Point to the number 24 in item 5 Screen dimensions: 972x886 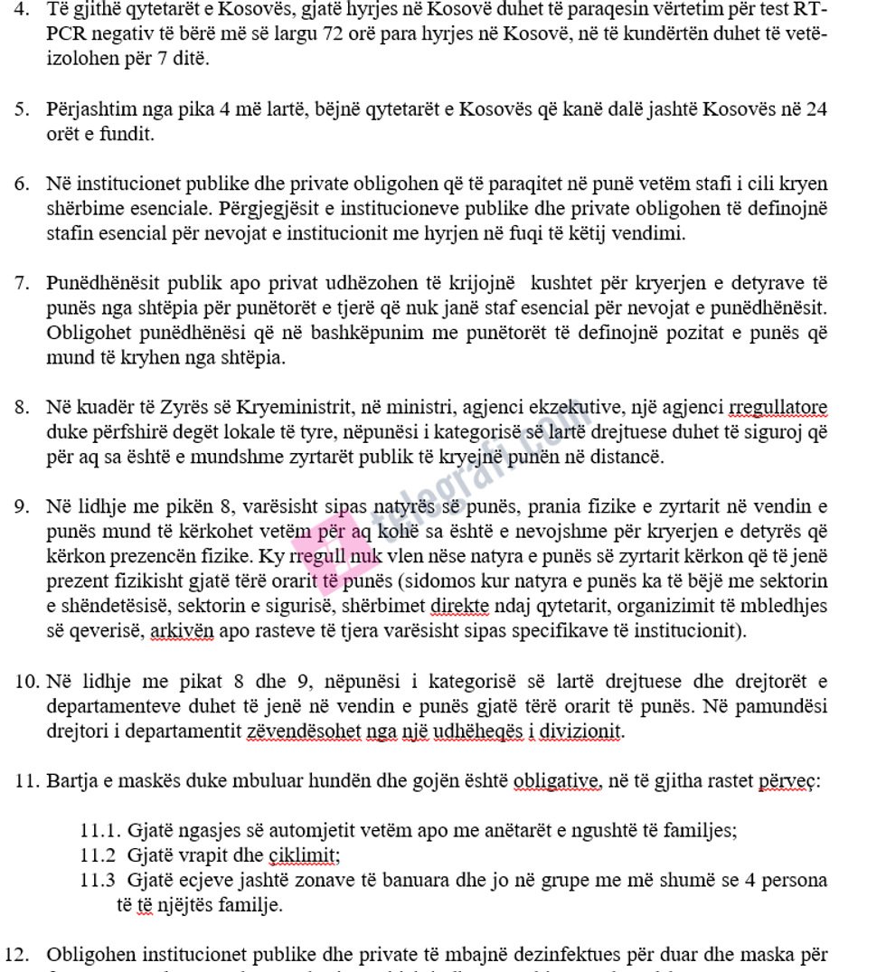pos(816,110)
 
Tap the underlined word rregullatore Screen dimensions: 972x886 pos(769,407)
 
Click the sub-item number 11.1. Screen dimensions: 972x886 pos(100,829)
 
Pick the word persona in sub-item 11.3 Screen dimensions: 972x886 pos(793,879)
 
